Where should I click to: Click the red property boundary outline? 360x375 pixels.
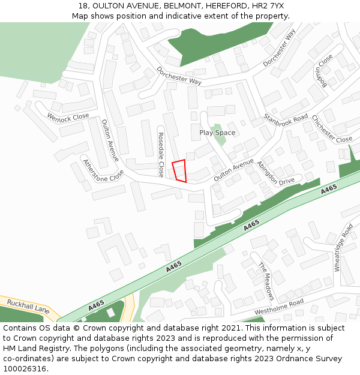[179, 171]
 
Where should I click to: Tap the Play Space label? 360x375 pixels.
[217, 133]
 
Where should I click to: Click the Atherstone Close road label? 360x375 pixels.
[103, 170]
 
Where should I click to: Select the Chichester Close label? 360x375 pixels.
[331, 130]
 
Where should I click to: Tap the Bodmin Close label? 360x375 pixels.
[323, 71]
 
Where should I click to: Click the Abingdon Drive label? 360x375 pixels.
[275, 173]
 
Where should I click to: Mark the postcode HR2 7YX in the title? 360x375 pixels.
[268, 5]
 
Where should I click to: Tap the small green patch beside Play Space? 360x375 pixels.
[220, 140]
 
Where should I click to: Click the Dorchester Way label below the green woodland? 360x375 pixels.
[179, 76]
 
